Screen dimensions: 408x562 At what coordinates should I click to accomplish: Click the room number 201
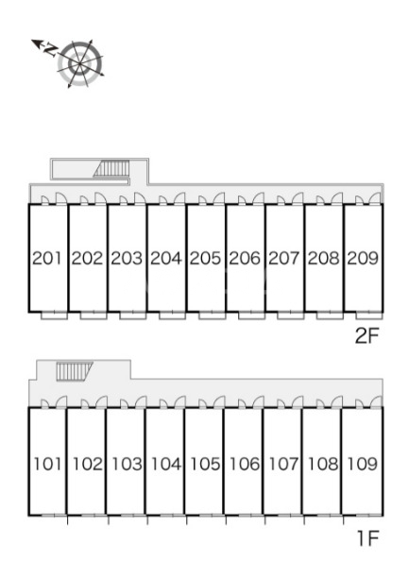point(47,258)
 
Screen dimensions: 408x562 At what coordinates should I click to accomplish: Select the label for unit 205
point(205,258)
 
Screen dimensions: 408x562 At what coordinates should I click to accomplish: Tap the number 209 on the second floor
point(363,258)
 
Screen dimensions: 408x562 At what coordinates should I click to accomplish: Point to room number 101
point(47,464)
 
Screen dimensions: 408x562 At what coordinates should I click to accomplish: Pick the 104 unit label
point(165,464)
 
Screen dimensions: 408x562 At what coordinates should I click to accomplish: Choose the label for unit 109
point(362,464)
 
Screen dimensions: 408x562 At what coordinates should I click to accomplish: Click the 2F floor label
point(366,336)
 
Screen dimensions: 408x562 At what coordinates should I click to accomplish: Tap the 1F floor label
point(368,538)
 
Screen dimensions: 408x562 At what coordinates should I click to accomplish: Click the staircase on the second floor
point(111,168)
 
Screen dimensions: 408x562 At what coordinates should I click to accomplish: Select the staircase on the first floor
point(75,371)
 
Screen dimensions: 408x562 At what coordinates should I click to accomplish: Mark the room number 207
point(283,258)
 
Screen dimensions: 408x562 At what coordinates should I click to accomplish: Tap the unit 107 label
point(283,464)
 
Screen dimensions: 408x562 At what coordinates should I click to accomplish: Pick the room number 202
point(87,258)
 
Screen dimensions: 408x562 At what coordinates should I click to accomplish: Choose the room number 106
point(245,464)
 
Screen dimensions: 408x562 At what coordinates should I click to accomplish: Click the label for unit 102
point(87,464)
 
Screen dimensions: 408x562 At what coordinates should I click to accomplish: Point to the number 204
point(165,258)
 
